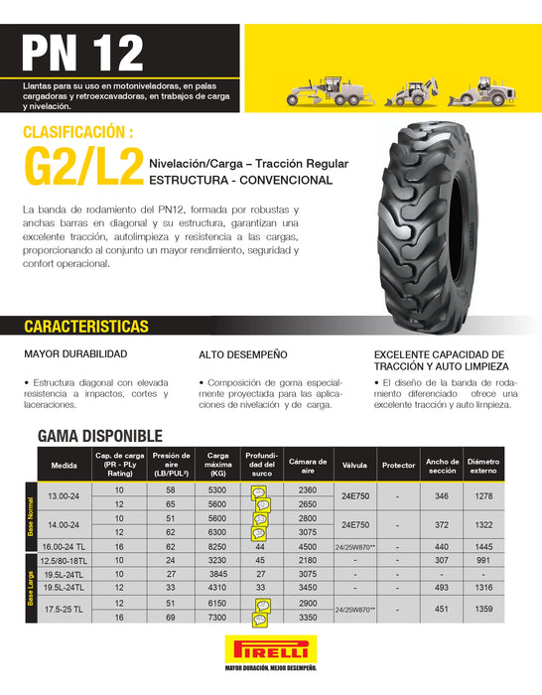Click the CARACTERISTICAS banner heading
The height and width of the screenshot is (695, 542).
coord(86,327)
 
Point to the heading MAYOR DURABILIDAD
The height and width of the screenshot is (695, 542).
coord(74,353)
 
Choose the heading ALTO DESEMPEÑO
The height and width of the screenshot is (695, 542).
coord(243,353)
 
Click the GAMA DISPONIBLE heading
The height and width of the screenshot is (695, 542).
coord(99,435)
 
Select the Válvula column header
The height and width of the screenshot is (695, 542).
coord(354,464)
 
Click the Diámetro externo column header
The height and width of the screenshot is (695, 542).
coord(483,464)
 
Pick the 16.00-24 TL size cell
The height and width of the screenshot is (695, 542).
coord(63,546)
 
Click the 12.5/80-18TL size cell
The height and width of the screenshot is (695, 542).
coord(63,560)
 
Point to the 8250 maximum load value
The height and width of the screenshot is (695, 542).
coord(217,546)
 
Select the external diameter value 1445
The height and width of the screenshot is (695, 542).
coord(483,546)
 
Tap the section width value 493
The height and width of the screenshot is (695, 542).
coord(442,588)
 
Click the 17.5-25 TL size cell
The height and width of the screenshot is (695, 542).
coord(63,610)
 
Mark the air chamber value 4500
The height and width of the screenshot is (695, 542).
coord(308,546)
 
